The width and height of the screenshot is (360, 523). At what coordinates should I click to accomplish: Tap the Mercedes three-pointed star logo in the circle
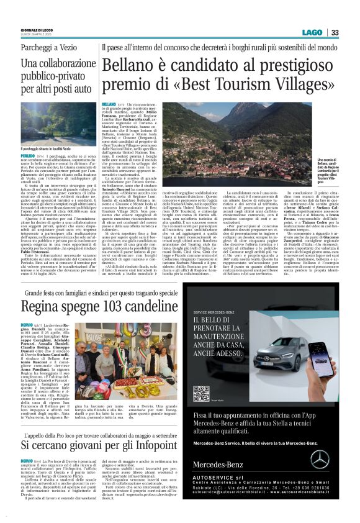point(320,458)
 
